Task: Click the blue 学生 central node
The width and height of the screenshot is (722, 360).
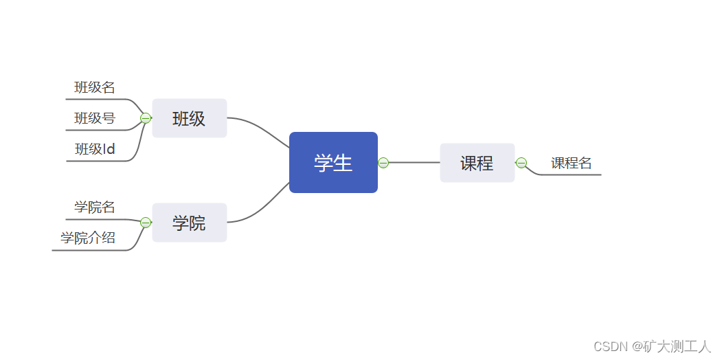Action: (333, 163)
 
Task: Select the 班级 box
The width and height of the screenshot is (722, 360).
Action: (189, 118)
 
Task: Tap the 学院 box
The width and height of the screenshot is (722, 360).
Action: (189, 223)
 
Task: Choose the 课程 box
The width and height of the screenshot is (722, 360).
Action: (477, 163)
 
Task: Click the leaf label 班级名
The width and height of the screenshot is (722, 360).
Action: (95, 87)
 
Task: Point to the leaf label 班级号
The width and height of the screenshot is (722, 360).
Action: (95, 118)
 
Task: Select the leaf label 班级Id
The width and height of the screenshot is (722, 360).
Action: (95, 149)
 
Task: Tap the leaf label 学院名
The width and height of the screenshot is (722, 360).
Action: (95, 207)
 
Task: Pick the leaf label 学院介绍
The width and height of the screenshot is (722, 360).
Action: (88, 238)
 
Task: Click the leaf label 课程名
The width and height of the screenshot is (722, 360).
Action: (572, 163)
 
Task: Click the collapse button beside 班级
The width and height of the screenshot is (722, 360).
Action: (146, 118)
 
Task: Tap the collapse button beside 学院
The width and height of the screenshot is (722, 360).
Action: (146, 223)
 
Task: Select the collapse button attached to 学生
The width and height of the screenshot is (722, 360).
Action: (383, 163)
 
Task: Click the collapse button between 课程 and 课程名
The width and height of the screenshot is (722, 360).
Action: (521, 163)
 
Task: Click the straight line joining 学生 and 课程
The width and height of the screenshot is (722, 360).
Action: (414, 163)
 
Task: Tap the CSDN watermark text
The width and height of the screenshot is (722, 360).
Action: (653, 346)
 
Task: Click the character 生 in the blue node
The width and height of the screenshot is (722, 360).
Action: (343, 163)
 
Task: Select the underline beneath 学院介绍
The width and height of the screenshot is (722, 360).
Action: (89, 251)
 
